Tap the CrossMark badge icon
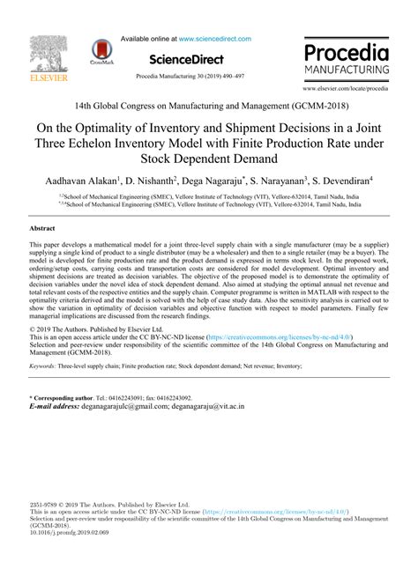point(104,52)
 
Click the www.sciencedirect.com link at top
point(215,39)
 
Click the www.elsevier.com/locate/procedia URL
point(346,90)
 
